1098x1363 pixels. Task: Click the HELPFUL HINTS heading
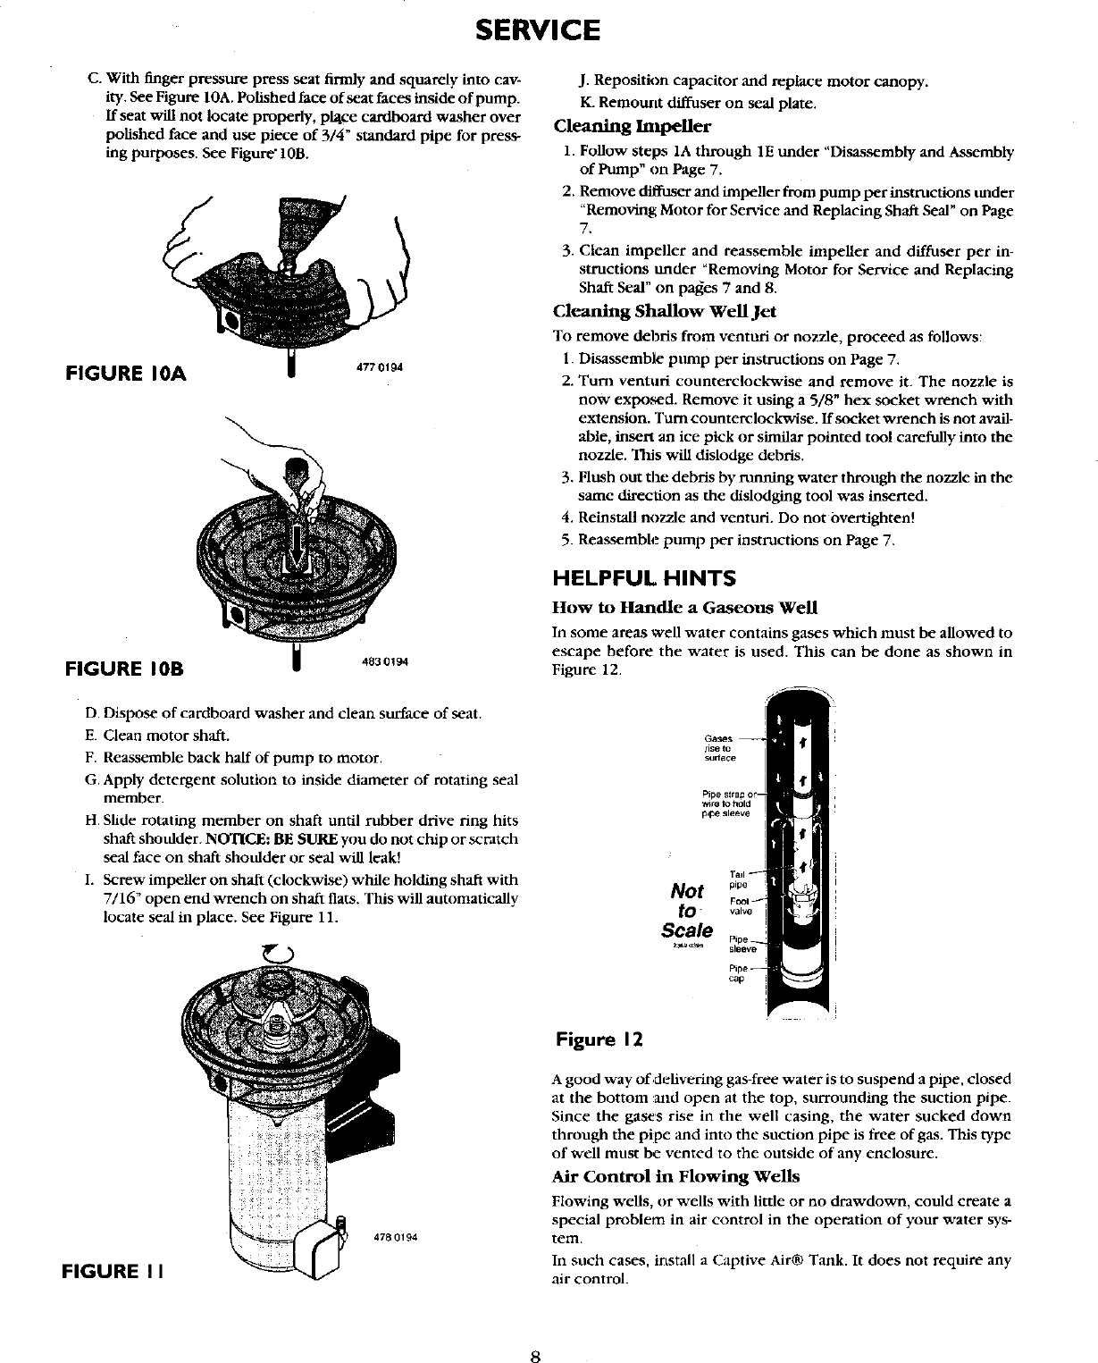click(x=644, y=578)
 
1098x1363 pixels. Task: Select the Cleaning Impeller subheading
click(x=633, y=125)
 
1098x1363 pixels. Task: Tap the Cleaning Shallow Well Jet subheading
click(x=665, y=311)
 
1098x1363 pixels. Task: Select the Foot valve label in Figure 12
click(x=741, y=905)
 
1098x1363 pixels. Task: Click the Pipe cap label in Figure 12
click(x=738, y=972)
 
